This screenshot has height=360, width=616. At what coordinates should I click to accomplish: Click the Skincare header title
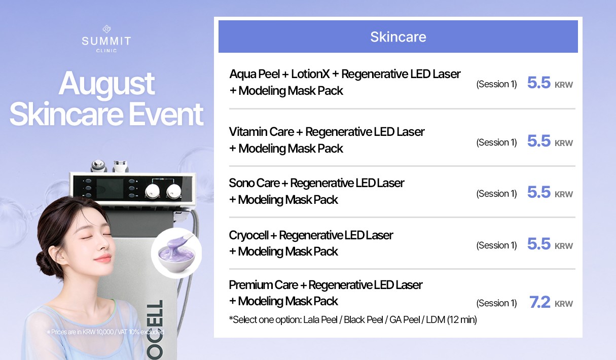pos(398,37)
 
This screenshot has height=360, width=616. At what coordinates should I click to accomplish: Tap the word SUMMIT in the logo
pos(106,41)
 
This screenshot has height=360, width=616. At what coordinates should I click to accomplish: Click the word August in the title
pos(106,84)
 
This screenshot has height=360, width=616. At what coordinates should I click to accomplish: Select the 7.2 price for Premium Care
pos(539,302)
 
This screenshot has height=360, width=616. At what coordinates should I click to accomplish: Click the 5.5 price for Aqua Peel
pos(539,83)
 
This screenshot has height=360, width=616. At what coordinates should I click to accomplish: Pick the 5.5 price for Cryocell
pos(539,244)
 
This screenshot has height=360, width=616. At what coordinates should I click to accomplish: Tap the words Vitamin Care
pos(261,132)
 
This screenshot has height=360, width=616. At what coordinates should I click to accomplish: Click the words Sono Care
pos(254,183)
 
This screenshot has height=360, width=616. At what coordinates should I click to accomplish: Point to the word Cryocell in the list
pos(248,235)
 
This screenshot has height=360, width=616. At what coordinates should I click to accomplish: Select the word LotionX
pos(310,74)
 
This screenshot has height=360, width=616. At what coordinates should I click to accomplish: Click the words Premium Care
pos(263,285)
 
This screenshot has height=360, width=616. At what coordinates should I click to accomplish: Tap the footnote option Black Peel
pos(364,319)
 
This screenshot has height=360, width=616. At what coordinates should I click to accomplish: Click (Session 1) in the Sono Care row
pos(496,194)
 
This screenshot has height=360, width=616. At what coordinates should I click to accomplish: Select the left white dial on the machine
pos(152,191)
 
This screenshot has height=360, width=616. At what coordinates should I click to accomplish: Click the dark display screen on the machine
pos(110,189)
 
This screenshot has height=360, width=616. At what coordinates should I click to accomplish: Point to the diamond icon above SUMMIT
pos(106,29)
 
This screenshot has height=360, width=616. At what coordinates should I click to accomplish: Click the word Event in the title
pos(166,114)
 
